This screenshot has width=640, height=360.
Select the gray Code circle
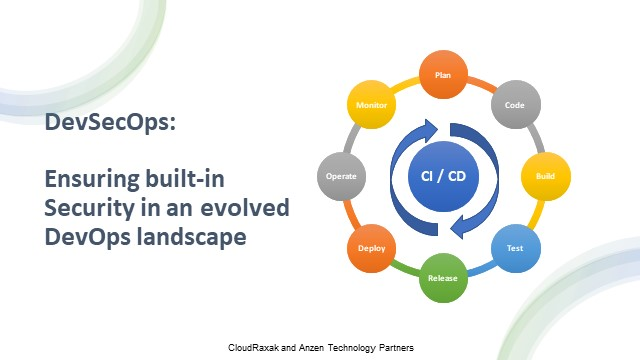[x=514, y=104]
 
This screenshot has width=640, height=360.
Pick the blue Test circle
[x=514, y=246]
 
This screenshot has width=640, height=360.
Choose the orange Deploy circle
[x=371, y=247]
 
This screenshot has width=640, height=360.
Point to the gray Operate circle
[x=342, y=176]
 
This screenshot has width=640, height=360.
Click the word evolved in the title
[x=247, y=209]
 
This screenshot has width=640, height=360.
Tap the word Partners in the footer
[x=393, y=346]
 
